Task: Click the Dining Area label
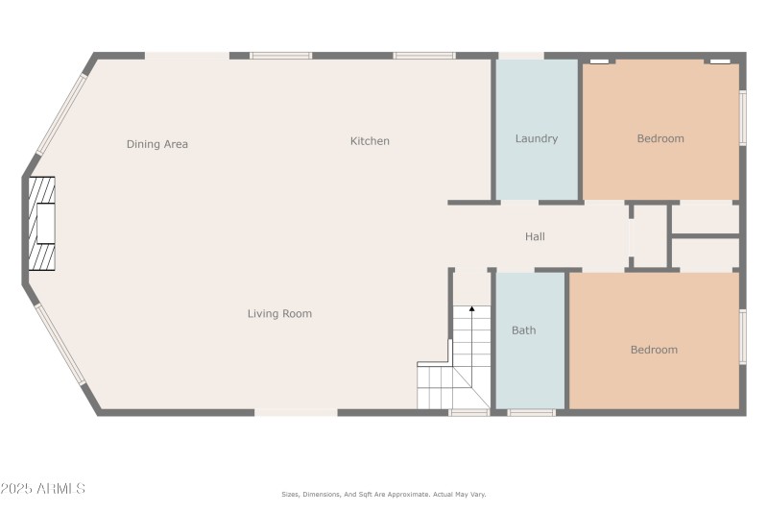[x=157, y=144]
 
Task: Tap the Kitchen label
[x=370, y=141]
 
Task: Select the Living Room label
[x=279, y=313]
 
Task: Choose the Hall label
[x=535, y=236]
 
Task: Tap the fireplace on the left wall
[x=42, y=225]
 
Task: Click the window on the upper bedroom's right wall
[x=742, y=118]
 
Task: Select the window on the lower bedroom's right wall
[x=742, y=336]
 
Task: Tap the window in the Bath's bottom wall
[x=531, y=413]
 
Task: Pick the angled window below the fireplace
[x=60, y=343]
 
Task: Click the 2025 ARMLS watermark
[x=43, y=489]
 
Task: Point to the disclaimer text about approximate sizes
[x=383, y=494]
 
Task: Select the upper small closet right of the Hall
[x=705, y=218]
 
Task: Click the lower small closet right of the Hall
[x=705, y=253]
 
